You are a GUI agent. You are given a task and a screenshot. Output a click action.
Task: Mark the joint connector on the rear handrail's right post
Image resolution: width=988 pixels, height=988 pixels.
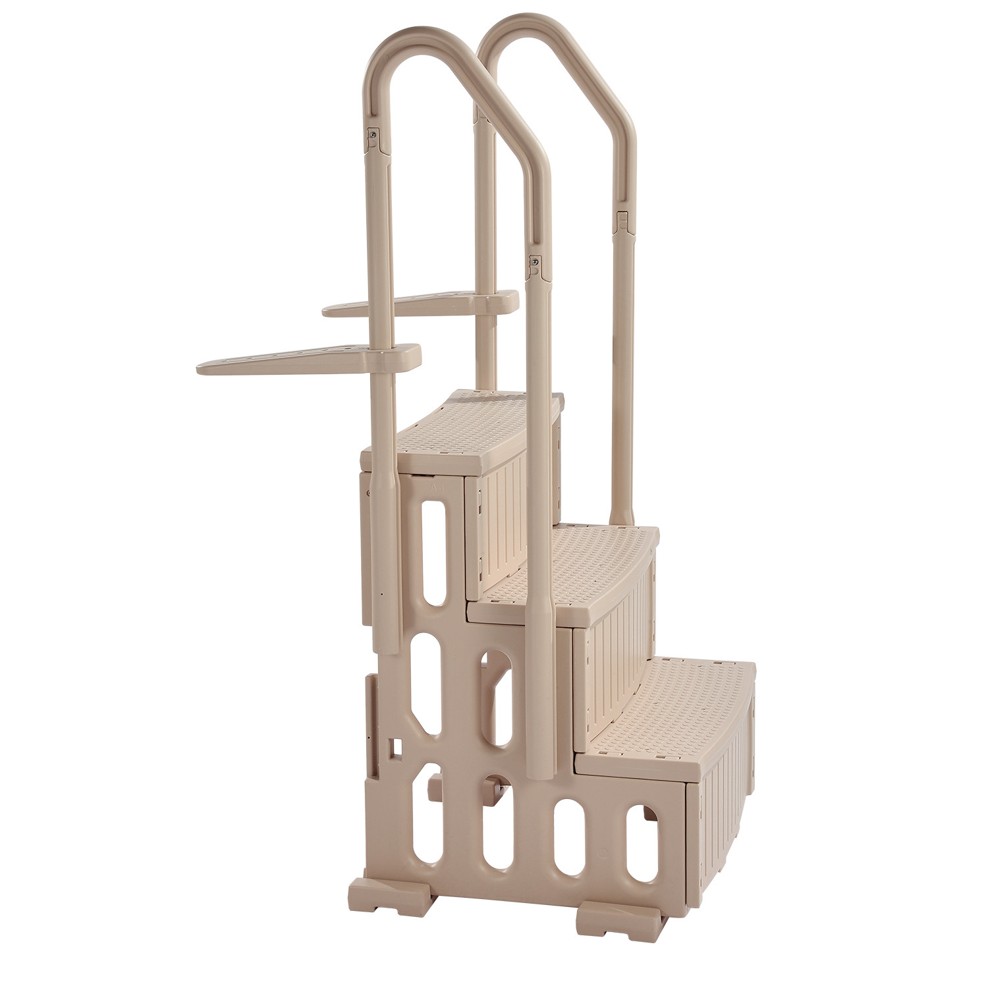(621, 221)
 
